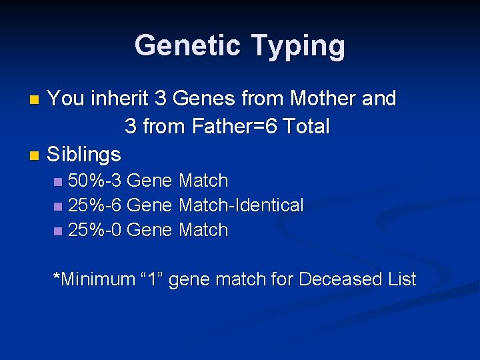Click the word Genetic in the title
point(187,46)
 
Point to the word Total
point(306,126)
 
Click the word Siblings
point(84,155)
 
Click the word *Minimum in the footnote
point(94,279)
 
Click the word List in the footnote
point(401,279)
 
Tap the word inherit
point(119,99)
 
